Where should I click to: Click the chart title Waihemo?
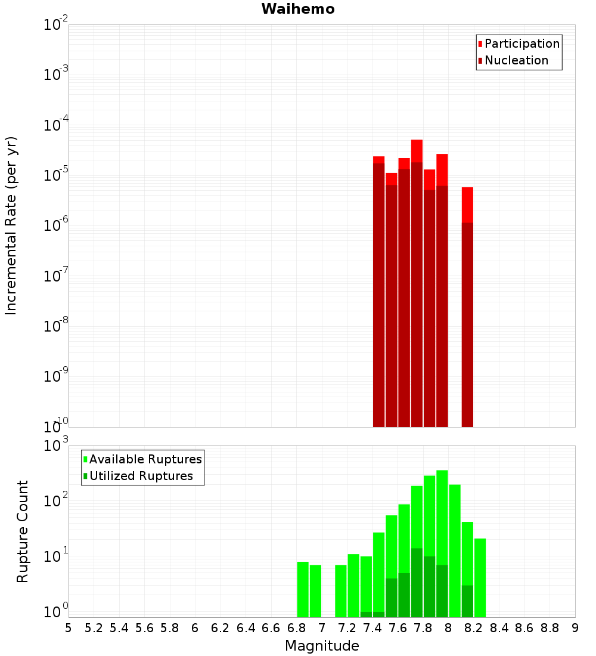297,9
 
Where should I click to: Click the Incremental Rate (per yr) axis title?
11,225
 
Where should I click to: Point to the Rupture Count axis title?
23,531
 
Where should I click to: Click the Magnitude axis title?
322,646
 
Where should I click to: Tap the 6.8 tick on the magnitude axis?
296,628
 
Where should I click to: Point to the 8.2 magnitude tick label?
474,628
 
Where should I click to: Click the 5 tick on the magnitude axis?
69,628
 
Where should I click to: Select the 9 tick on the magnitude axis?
575,628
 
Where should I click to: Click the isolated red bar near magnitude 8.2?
467,298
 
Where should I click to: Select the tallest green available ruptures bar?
442,537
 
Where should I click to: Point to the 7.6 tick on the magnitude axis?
398,628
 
